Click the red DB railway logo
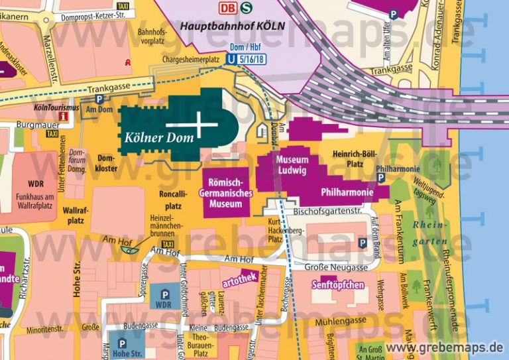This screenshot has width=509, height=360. [x=228, y=8]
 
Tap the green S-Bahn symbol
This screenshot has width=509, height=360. [x=246, y=8]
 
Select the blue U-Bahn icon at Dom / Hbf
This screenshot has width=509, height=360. [x=231, y=58]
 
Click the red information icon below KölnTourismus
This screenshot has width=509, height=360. [x=64, y=117]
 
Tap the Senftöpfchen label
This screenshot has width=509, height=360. [x=337, y=285]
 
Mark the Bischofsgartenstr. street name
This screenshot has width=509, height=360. [x=325, y=211]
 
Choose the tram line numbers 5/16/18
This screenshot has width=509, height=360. [x=253, y=58]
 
